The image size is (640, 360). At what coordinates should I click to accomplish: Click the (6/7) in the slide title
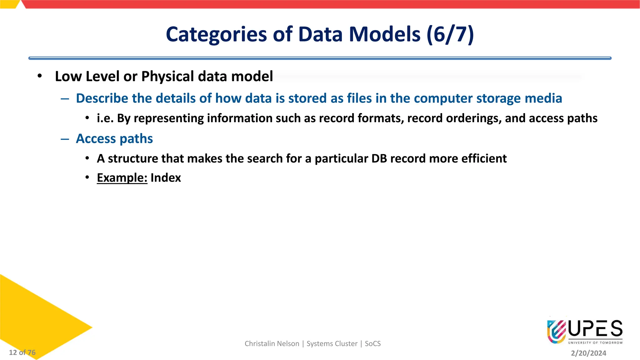coord(450,34)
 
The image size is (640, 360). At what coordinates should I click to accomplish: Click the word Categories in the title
coord(216,34)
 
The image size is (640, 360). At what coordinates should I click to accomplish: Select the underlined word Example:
coord(122,177)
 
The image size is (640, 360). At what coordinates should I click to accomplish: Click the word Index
coord(166,177)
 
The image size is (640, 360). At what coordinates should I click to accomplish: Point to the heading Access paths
coord(114,138)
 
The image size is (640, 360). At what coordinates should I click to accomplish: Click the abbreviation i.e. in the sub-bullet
coord(105,118)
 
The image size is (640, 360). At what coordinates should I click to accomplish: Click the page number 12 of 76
coord(22,352)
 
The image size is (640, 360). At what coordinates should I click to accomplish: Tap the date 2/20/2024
coord(588,353)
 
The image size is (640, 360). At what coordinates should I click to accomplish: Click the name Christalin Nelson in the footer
coord(272,344)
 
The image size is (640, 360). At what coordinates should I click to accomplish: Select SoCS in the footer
coord(372,344)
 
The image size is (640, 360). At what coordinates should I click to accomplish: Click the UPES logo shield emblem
coord(557,331)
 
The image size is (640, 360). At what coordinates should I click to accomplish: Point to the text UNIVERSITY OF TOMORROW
coord(595,343)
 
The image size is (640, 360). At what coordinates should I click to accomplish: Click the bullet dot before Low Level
coord(39,76)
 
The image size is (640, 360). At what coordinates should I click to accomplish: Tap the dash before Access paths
coord(65,139)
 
